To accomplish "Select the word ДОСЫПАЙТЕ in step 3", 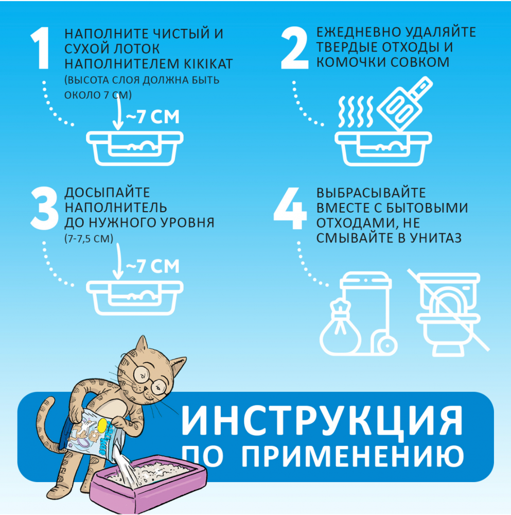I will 107,193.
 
